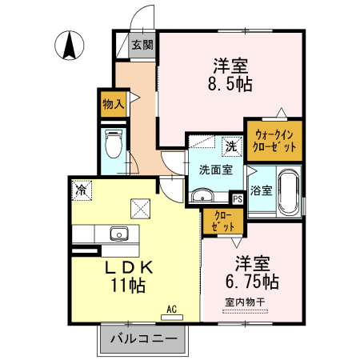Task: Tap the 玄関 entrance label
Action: click(x=142, y=45)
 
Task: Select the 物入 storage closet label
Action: click(x=113, y=102)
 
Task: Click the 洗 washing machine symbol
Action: click(x=230, y=147)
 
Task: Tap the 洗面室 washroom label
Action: click(x=215, y=170)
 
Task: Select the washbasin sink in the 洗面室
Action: click(x=202, y=195)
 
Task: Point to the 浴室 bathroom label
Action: click(x=261, y=191)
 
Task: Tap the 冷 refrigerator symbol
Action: click(x=81, y=190)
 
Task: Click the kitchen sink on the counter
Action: click(x=118, y=234)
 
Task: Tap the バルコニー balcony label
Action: click(x=142, y=339)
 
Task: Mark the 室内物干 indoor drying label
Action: click(x=250, y=302)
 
